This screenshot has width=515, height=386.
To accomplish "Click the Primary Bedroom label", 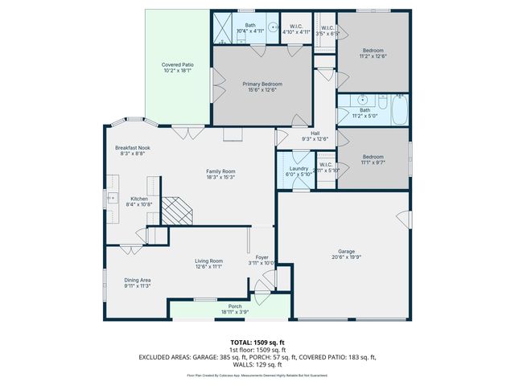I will click(x=261, y=84).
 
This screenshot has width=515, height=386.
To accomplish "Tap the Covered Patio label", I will click(x=177, y=64).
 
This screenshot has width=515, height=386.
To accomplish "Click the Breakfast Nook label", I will click(x=133, y=148).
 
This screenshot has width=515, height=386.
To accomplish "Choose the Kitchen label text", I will click(x=139, y=199).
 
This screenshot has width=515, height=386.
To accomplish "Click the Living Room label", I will click(x=208, y=261).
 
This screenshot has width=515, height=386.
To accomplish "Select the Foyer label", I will click(x=262, y=257).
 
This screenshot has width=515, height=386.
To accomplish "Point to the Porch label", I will click(x=235, y=306).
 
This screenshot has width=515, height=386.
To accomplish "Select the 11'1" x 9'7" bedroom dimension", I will click(x=373, y=162).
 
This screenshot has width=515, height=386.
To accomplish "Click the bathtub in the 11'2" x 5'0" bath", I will click(x=400, y=111).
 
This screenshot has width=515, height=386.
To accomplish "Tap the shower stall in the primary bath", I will click(x=223, y=31).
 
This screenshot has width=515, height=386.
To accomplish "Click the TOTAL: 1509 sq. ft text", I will click(x=257, y=343).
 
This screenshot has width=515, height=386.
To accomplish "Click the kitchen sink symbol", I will click(x=113, y=198).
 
